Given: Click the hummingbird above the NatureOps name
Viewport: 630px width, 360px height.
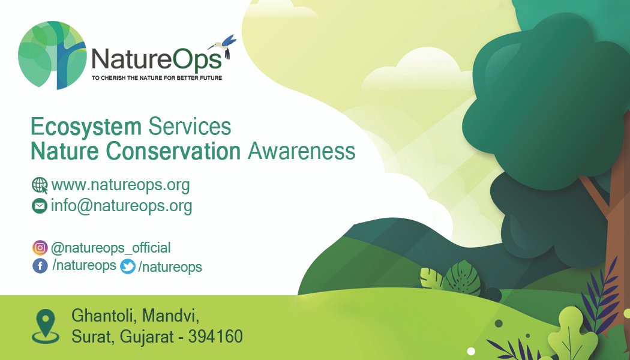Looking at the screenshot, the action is (x=225, y=45).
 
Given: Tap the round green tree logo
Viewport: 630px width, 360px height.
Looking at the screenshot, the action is (x=52, y=55).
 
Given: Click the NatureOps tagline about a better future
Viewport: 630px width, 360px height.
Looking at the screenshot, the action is (x=157, y=78).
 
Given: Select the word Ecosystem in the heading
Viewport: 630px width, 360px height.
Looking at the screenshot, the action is (x=86, y=127).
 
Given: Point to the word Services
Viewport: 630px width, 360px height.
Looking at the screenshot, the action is (x=190, y=127).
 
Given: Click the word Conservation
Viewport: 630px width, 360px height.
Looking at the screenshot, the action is (x=173, y=151).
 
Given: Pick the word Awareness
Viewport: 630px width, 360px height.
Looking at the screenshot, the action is (x=301, y=151).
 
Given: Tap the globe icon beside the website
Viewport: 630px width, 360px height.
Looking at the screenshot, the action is (x=40, y=185).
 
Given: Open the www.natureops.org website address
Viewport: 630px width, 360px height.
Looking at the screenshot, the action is (x=121, y=185).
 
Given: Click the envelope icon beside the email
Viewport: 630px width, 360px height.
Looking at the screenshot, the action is (x=40, y=206).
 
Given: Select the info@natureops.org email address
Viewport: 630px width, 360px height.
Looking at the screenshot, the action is (x=121, y=206).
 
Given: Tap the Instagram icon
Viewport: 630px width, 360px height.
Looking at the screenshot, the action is (x=40, y=247).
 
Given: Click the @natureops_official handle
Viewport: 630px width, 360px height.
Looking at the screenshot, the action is (x=110, y=248).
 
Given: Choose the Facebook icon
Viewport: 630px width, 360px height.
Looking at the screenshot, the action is (x=40, y=266).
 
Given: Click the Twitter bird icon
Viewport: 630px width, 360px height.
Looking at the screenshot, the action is (x=128, y=266).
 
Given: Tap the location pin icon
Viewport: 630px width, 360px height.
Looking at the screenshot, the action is (x=46, y=326).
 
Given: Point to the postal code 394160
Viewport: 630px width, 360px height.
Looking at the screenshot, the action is (x=215, y=337).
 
